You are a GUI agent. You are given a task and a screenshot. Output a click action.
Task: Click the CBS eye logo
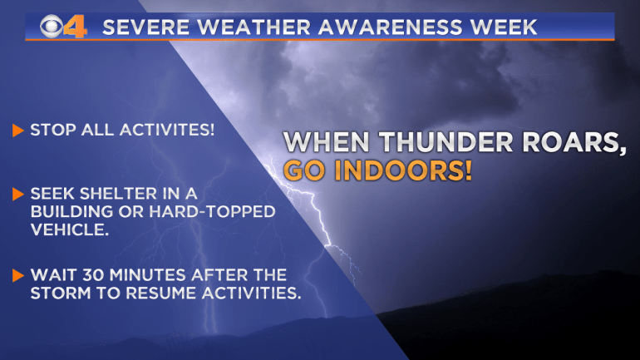coord(52,27)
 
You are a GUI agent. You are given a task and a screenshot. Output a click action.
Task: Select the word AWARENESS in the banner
coord(391,27)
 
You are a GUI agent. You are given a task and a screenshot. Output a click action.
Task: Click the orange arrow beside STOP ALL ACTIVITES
coord(18,131)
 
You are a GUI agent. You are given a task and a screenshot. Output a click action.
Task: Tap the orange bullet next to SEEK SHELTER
coord(18,194)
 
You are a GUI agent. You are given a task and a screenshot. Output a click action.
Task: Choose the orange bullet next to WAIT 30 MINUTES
coord(18,275)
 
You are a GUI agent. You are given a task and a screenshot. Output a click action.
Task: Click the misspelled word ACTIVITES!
coord(167,130)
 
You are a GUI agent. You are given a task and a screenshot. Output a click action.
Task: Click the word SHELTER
coord(118,194)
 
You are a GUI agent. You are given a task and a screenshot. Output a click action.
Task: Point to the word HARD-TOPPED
coord(212,211)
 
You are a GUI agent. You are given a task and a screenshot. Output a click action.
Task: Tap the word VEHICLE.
coord(68,229)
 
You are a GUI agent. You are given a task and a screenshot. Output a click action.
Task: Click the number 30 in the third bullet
coord(94,275)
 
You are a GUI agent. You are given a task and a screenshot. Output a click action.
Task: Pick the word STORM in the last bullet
coord(61,293)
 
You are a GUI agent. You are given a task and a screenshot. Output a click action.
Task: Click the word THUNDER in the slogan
coord(446,142)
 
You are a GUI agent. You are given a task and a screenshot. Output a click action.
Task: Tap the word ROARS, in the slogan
coord(574,143)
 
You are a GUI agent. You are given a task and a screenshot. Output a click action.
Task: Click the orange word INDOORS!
coord(403,170)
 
